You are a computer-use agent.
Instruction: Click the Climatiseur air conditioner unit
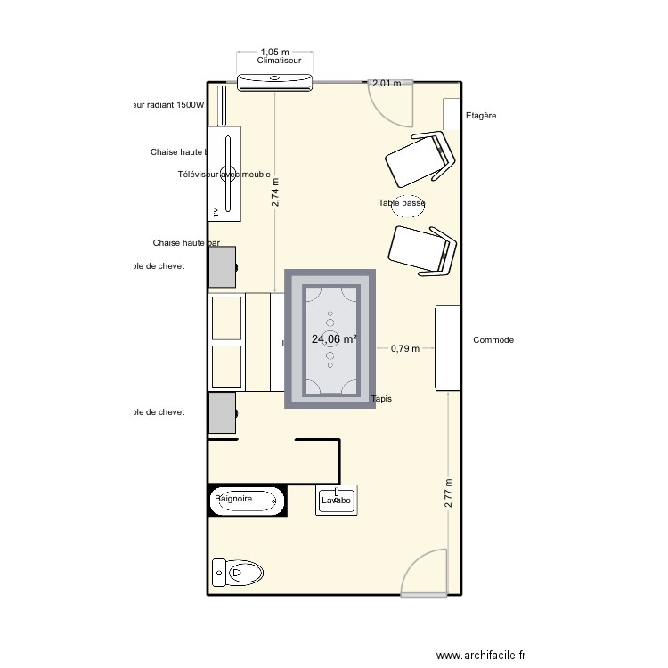[275, 83]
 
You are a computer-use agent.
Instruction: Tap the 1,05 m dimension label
[275, 53]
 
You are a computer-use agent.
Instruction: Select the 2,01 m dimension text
[387, 84]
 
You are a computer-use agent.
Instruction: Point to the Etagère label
[481, 116]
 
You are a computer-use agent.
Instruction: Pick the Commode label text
[493, 340]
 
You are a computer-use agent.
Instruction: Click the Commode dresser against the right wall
[448, 347]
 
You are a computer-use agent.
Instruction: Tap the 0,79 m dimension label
[405, 349]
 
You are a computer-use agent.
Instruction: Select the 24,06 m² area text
[334, 339]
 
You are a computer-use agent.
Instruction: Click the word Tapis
[381, 399]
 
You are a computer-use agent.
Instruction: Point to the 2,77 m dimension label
[448, 493]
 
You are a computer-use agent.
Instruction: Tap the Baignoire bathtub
[247, 501]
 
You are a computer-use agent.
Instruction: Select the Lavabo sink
[337, 501]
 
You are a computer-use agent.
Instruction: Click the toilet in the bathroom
[238, 571]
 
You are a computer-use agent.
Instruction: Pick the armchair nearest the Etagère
[420, 159]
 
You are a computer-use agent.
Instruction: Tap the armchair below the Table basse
[422, 250]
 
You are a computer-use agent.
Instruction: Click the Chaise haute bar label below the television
[186, 243]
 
